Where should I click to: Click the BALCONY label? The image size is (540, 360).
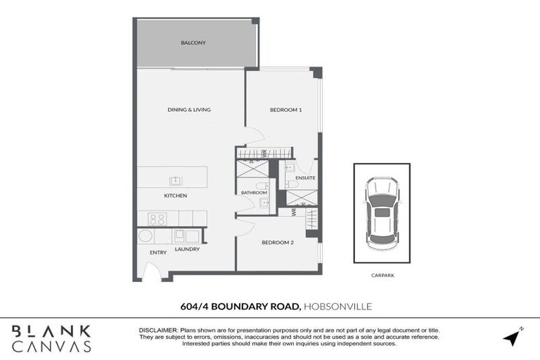coord(193,43)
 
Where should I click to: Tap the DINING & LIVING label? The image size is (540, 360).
coord(189,110)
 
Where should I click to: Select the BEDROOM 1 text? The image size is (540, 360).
coord(286,110)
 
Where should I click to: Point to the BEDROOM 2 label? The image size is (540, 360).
coord(278,243)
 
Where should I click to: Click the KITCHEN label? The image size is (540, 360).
coord(175,195)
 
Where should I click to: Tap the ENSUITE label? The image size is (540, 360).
coord(305,179)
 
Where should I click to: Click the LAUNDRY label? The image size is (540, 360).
coord(186,249)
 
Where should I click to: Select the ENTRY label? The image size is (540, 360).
coord(157,252)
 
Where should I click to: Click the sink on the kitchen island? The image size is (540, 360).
coord(174,179)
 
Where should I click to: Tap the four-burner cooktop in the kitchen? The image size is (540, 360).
coord(157,218)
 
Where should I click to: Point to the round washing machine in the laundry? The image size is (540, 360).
coord(146,236)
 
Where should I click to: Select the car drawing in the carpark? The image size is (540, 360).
coord(382,212)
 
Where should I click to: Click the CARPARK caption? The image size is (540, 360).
coord(382,276)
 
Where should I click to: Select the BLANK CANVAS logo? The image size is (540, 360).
coord(52,338)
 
